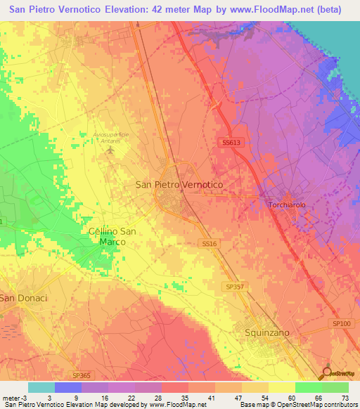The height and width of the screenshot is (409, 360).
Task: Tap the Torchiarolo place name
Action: tap(288, 204)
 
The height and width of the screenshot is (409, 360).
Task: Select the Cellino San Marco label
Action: tap(112, 236)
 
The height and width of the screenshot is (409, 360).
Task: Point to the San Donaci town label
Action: tap(23, 298)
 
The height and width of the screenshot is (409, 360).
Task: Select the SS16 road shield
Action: tap(209, 242)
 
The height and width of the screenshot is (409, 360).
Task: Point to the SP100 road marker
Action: tap(341, 323)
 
